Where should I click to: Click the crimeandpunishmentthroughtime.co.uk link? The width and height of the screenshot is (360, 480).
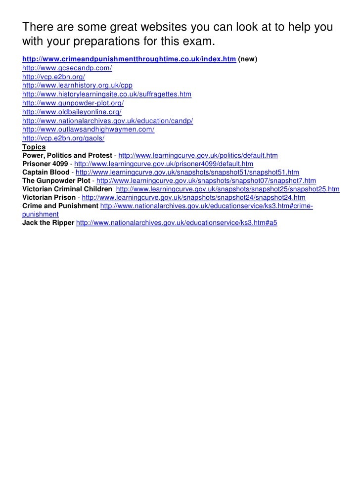click(x=129, y=59)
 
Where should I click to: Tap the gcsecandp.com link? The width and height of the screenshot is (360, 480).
click(x=67, y=68)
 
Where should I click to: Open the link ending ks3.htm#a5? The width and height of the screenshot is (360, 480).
click(x=177, y=223)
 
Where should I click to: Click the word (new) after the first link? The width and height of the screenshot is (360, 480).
click(x=247, y=59)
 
